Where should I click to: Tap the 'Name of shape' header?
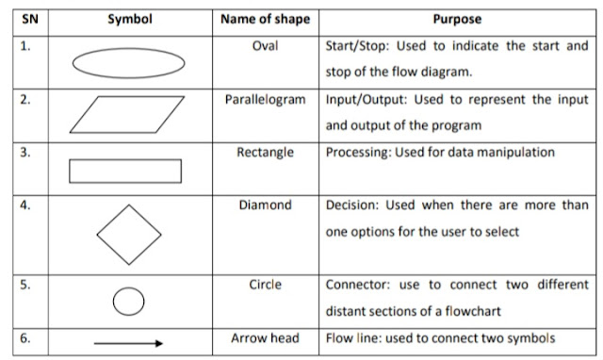coord(265,19)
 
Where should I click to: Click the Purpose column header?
coord(457,19)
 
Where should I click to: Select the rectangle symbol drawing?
coord(125,171)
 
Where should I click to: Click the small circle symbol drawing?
coord(128,301)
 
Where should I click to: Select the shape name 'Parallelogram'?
coord(266,99)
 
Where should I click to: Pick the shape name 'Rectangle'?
coord(266,152)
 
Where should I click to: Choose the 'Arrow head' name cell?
coord(266,338)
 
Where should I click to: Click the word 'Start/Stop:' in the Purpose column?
coord(354,45)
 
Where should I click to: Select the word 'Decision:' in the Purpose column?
coord(351,205)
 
